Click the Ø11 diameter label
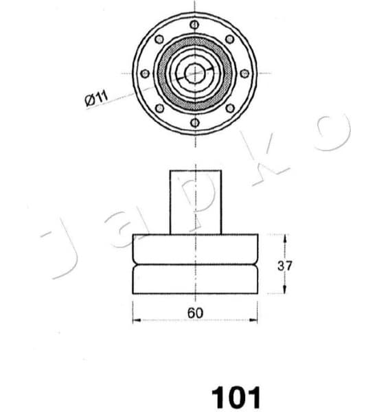click(96, 98)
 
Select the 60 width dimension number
click(195, 313)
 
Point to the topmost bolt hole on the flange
click(195, 25)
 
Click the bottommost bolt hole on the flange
click(195, 122)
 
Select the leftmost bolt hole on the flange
click(145, 73)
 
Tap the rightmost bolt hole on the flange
click(244, 73)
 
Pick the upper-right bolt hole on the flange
click(230, 39)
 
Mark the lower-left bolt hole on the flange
click(160, 108)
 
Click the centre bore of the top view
click(195, 73)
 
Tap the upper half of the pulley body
click(195, 249)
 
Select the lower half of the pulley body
click(195, 279)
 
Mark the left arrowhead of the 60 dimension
click(135, 320)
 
